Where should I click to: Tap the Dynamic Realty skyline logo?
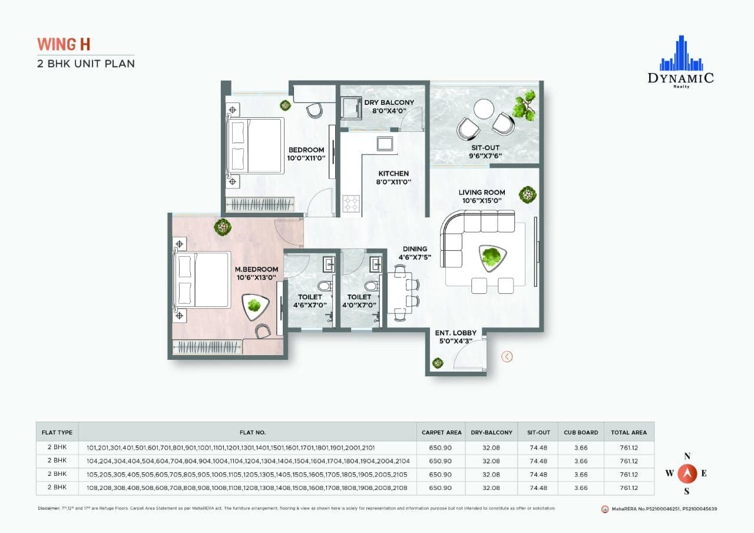pyautogui.click(x=681, y=54)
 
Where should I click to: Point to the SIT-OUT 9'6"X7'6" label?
pyautogui.click(x=487, y=152)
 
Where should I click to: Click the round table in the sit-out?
pyautogui.click(x=484, y=108)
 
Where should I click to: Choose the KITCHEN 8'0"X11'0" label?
pyautogui.click(x=393, y=177)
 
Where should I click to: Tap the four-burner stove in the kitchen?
pyautogui.click(x=352, y=204)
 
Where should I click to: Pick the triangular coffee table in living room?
pyautogui.click(x=491, y=257)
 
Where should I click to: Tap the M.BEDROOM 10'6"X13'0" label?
pyautogui.click(x=256, y=273)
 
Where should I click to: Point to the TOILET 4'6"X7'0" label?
pyautogui.click(x=310, y=301)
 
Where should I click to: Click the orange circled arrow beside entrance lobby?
pyautogui.click(x=507, y=356)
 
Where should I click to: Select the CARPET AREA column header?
pyautogui.click(x=441, y=432)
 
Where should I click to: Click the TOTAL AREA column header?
pyautogui.click(x=629, y=432)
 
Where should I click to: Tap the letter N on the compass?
pyautogui.click(x=686, y=456)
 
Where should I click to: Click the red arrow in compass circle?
pyautogui.click(x=686, y=473)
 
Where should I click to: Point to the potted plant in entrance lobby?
pyautogui.click(x=437, y=363)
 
